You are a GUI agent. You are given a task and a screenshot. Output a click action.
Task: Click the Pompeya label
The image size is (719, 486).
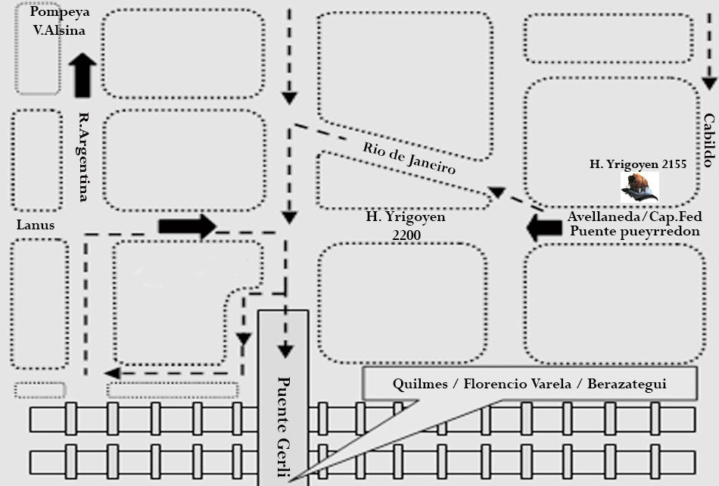coord(60,13)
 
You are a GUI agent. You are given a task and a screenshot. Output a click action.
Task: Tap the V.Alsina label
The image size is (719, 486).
coord(60,31)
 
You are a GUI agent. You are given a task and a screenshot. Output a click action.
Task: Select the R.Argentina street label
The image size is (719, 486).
coord(85,157)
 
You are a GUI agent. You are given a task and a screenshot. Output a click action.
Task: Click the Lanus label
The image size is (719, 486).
coord(36,225)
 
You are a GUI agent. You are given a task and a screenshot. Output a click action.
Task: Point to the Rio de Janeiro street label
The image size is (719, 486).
coord(409,158)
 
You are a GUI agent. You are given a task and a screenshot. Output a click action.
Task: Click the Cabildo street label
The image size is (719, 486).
coord(708,140)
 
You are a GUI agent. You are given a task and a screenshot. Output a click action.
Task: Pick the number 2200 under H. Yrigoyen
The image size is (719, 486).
coord(406,235)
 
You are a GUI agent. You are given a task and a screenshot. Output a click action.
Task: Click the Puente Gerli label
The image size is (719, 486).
coord(284,427)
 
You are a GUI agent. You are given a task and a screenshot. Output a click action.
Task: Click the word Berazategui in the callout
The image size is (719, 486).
coord(627,384)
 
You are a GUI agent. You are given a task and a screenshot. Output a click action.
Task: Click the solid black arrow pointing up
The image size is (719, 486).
coord(82,75)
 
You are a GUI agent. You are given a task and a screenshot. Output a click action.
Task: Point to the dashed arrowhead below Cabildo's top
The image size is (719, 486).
coord(708,83)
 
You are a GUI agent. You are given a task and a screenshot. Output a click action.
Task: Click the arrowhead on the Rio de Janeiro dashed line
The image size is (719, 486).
coord(497,192)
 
